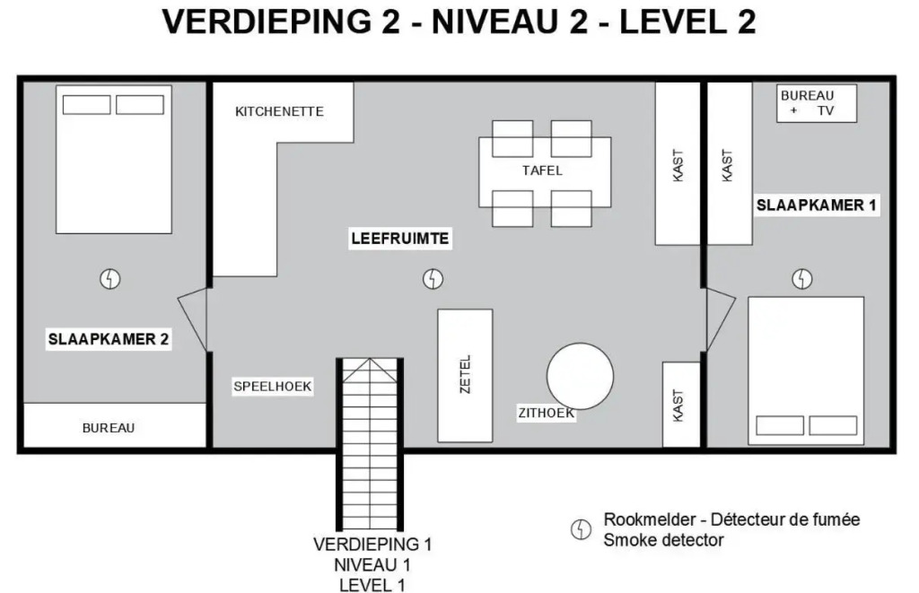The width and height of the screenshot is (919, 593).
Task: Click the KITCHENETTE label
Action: [x=279, y=111]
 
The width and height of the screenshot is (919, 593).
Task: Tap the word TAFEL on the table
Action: [x=542, y=170]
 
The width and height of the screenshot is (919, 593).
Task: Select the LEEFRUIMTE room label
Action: [x=400, y=239]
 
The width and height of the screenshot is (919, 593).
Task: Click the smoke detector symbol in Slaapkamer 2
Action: [x=110, y=279]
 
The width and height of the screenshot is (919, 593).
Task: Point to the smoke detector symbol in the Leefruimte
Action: [x=433, y=279]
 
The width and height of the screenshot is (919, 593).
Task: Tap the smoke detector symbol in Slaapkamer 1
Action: [x=802, y=279]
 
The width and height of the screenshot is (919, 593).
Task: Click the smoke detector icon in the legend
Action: [x=581, y=529]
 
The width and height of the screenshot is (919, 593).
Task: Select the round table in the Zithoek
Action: [x=581, y=376]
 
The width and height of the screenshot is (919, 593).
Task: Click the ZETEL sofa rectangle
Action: [x=466, y=376]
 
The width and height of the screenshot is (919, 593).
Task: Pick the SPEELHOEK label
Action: [x=273, y=386]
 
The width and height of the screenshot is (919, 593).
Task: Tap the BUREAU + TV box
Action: [x=817, y=103]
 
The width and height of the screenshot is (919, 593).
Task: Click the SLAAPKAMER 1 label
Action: [x=817, y=205]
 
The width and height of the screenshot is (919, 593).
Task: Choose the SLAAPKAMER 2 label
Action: [x=109, y=339]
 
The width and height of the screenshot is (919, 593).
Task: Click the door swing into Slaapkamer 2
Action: [x=192, y=319]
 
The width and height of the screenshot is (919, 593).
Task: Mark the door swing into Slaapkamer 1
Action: [x=721, y=319]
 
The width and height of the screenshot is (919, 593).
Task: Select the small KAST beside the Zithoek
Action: [x=681, y=405]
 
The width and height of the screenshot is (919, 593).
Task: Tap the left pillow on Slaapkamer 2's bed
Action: [x=87, y=105]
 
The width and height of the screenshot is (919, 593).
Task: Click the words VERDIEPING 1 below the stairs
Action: [x=372, y=545]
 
